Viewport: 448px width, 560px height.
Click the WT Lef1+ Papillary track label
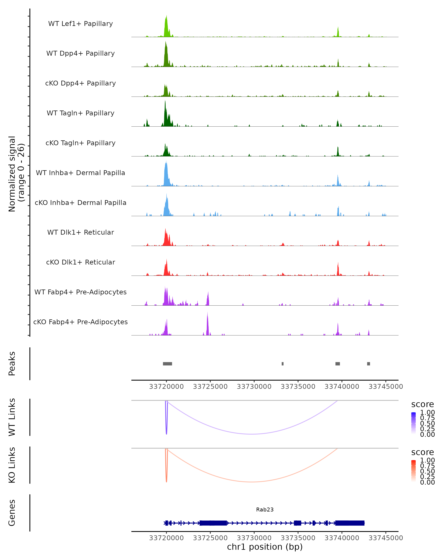tap(80, 24)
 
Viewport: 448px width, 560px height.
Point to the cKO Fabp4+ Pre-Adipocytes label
tap(80, 322)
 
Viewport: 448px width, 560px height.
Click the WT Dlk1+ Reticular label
tap(80, 232)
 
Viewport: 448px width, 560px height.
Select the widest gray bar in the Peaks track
tap(167, 364)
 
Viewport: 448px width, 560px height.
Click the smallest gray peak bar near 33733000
tap(283, 364)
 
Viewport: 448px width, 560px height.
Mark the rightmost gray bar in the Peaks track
tap(368, 364)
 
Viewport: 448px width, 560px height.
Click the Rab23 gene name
tap(265, 510)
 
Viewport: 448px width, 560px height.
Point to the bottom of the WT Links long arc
tap(252, 434)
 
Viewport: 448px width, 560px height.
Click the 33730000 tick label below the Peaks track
tap(254, 387)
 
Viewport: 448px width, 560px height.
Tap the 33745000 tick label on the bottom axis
tap(386, 538)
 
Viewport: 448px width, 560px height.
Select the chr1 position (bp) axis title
tap(265, 547)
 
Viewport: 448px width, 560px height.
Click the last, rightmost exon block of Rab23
tap(350, 523)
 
